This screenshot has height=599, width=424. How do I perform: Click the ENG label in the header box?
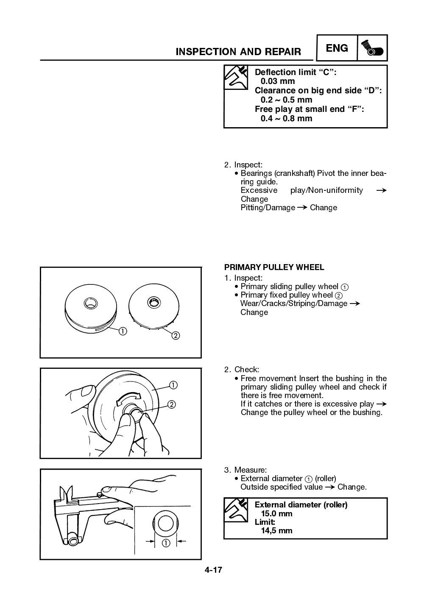[337, 48]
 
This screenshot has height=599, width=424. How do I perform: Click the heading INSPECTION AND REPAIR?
[238, 52]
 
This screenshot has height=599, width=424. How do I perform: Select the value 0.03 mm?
[278, 81]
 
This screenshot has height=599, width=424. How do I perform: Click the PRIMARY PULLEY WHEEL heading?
[274, 267]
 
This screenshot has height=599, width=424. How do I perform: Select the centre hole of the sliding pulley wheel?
[90, 303]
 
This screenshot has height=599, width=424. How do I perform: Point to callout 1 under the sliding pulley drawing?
[122, 331]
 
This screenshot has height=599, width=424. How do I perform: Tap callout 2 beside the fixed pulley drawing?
[175, 336]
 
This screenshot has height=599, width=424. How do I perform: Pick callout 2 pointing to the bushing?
[172, 404]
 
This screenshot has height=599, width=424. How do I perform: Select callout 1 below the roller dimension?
[165, 543]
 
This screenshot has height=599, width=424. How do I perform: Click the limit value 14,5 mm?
[276, 531]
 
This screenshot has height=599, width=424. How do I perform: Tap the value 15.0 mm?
[276, 514]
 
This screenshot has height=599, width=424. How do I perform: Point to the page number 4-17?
[213, 570]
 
